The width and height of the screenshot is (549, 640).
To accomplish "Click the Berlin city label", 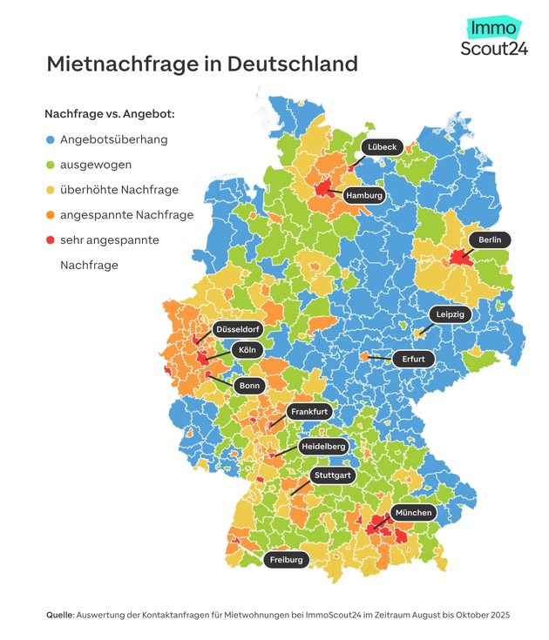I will pyautogui.click(x=489, y=239).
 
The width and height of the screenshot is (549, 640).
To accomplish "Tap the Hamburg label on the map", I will pyautogui.click(x=364, y=196).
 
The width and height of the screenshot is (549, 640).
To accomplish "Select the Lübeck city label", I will pyautogui.click(x=382, y=147).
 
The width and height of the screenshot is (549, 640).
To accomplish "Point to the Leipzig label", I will pyautogui.click(x=450, y=313).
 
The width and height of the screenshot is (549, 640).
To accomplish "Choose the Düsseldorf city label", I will pyautogui.click(x=239, y=330).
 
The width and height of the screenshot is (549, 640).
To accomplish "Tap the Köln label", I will pyautogui.click(x=245, y=350).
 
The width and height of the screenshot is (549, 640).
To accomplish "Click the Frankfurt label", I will pyautogui.click(x=308, y=411).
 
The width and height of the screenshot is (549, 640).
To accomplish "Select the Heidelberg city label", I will pyautogui.click(x=323, y=446).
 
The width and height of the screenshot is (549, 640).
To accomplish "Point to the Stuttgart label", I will pyautogui.click(x=332, y=475).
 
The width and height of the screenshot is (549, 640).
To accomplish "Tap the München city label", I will pyautogui.click(x=413, y=513).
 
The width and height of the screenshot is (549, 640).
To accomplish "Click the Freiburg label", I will pyautogui.click(x=286, y=559).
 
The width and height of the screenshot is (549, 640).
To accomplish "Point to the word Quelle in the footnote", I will pyautogui.click(x=60, y=615).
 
